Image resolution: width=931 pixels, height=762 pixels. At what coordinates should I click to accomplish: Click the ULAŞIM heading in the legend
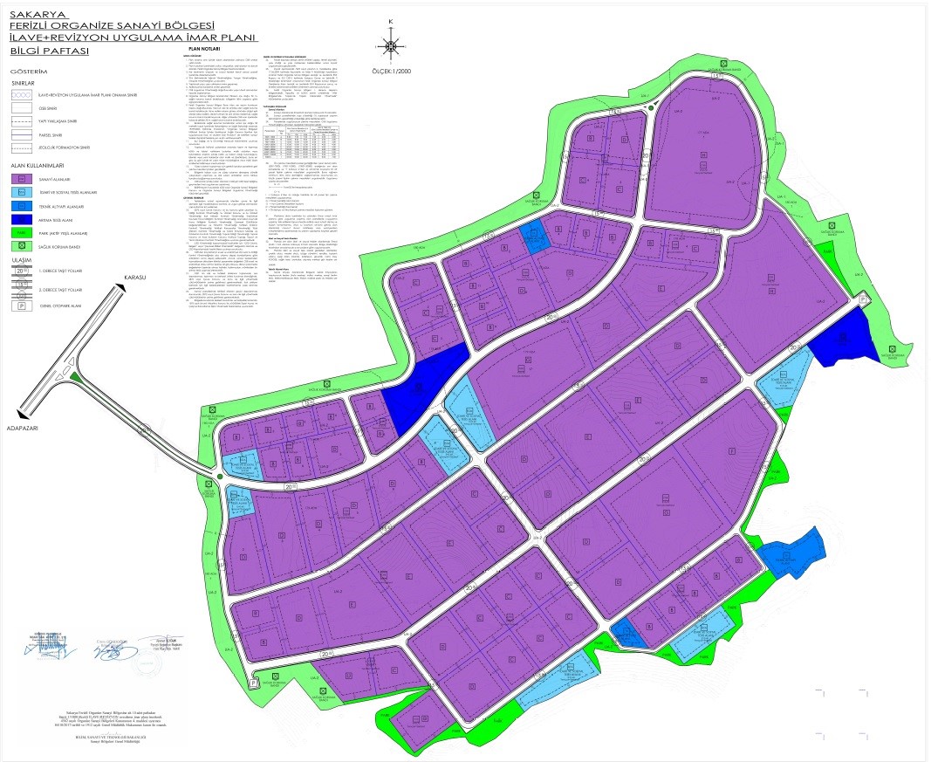[23, 259]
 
